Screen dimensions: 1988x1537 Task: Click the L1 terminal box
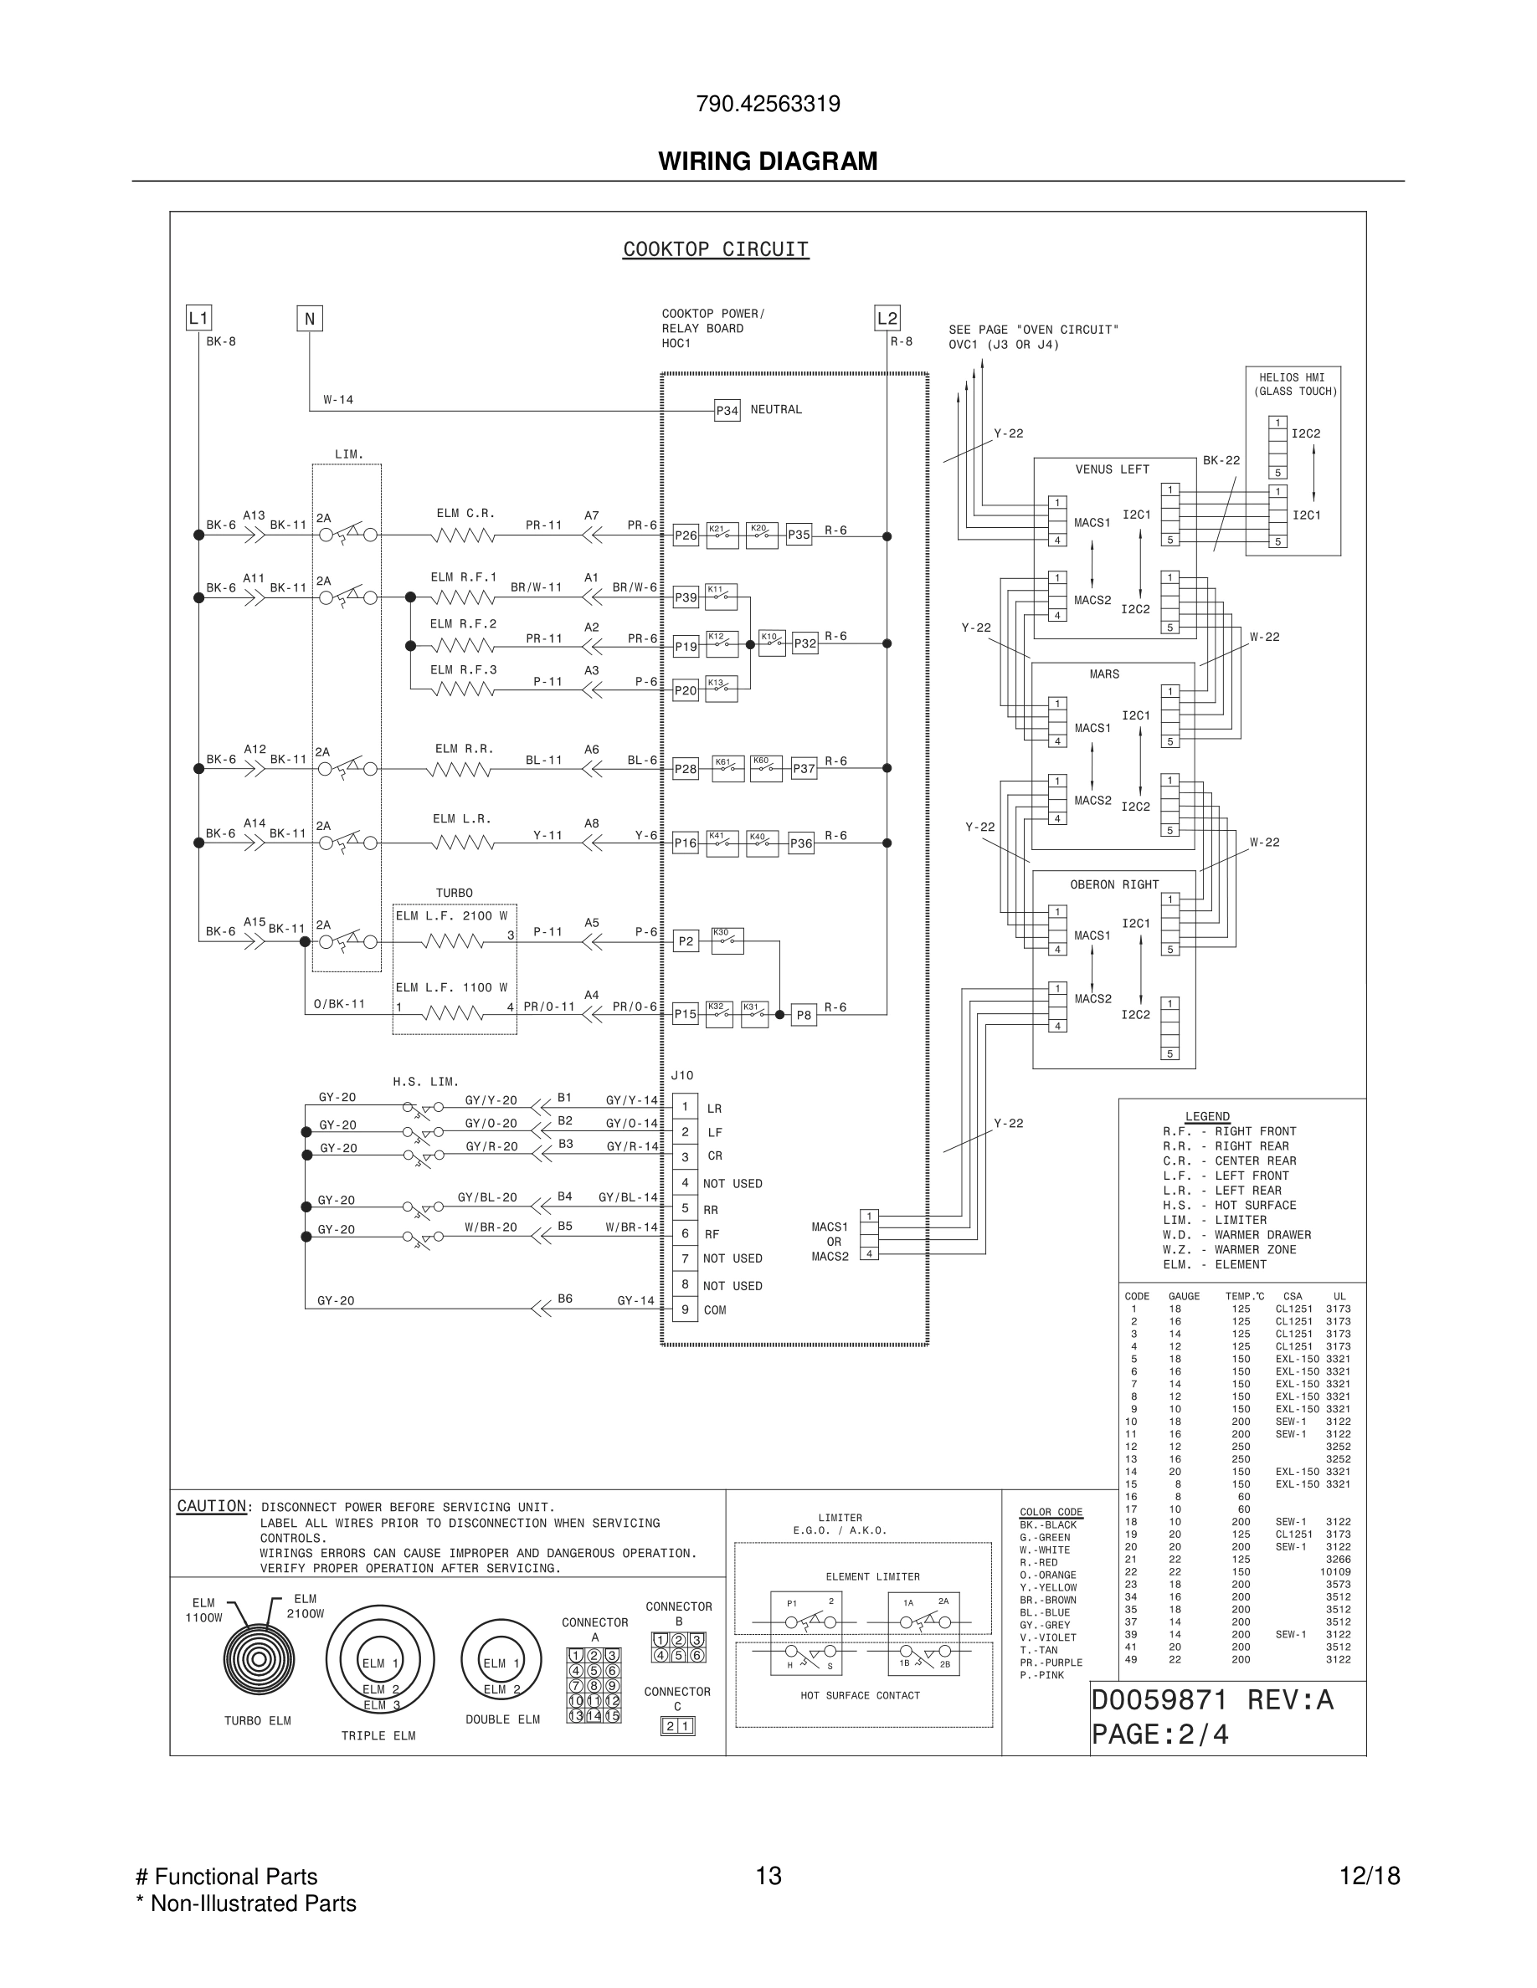point(198,318)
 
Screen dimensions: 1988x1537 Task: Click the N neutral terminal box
point(310,319)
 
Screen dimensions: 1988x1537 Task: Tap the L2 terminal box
point(887,318)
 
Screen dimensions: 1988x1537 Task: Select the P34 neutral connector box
point(727,411)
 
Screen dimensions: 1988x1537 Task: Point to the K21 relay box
point(722,535)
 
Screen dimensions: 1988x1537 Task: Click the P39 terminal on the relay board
point(686,598)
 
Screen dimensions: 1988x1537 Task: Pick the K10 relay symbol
point(772,643)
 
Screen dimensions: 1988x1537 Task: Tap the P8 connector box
point(803,1015)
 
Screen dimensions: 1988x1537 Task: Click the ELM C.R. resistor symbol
point(463,535)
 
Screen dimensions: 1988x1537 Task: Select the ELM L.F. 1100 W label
point(451,987)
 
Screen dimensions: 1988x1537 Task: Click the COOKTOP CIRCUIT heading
point(716,249)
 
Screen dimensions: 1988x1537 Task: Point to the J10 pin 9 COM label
point(715,1311)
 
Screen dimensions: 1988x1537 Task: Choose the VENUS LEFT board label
point(1112,469)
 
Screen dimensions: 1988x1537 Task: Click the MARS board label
point(1103,674)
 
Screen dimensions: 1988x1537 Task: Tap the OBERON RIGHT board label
point(1114,884)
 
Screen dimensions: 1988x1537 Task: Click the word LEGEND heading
point(1207,1117)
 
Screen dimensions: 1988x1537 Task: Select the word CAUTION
point(211,1506)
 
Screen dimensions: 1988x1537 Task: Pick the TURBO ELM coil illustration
point(259,1658)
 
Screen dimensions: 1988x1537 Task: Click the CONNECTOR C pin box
point(677,1726)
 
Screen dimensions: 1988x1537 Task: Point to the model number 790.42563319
point(768,104)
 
